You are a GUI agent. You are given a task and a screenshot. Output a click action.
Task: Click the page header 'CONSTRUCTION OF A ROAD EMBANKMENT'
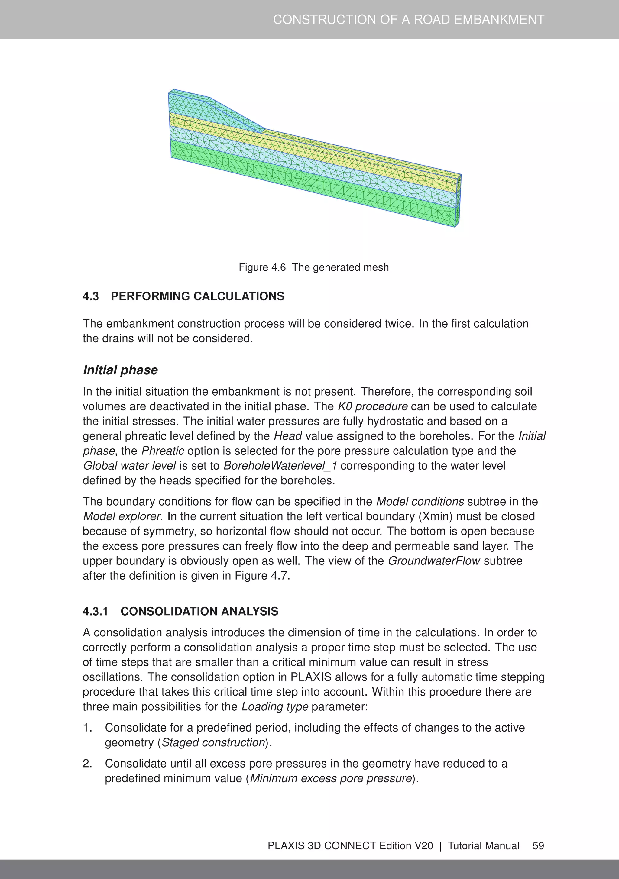pyautogui.click(x=408, y=20)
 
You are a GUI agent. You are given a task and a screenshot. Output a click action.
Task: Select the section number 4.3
pyautogui.click(x=91, y=296)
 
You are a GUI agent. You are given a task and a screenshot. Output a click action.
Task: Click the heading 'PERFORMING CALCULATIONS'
pyautogui.click(x=198, y=296)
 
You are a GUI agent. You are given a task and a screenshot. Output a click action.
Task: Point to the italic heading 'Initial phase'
pyautogui.click(x=120, y=370)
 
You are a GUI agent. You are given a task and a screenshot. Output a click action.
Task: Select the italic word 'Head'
pyautogui.click(x=288, y=436)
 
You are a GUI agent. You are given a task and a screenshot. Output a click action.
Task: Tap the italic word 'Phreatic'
pyautogui.click(x=163, y=451)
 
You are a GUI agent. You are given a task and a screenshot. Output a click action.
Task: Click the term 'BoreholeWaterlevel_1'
pyautogui.click(x=280, y=466)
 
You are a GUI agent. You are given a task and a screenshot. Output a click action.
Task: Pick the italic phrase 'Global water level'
pyautogui.click(x=129, y=466)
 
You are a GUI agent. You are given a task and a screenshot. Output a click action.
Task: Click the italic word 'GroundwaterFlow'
pyautogui.click(x=434, y=561)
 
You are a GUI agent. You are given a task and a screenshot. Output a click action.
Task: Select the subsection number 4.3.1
pyautogui.click(x=96, y=611)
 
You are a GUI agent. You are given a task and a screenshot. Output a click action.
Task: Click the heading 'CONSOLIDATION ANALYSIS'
pyautogui.click(x=199, y=611)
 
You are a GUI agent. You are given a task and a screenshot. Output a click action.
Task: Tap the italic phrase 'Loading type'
pyautogui.click(x=275, y=707)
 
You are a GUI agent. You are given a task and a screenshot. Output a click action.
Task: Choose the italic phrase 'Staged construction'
pyautogui.click(x=213, y=743)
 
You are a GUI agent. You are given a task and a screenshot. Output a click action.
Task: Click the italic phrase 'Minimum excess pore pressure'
pyautogui.click(x=331, y=779)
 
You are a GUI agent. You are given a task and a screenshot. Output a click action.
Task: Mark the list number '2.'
pyautogui.click(x=87, y=764)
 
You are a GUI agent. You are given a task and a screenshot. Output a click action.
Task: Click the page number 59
pyautogui.click(x=538, y=846)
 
